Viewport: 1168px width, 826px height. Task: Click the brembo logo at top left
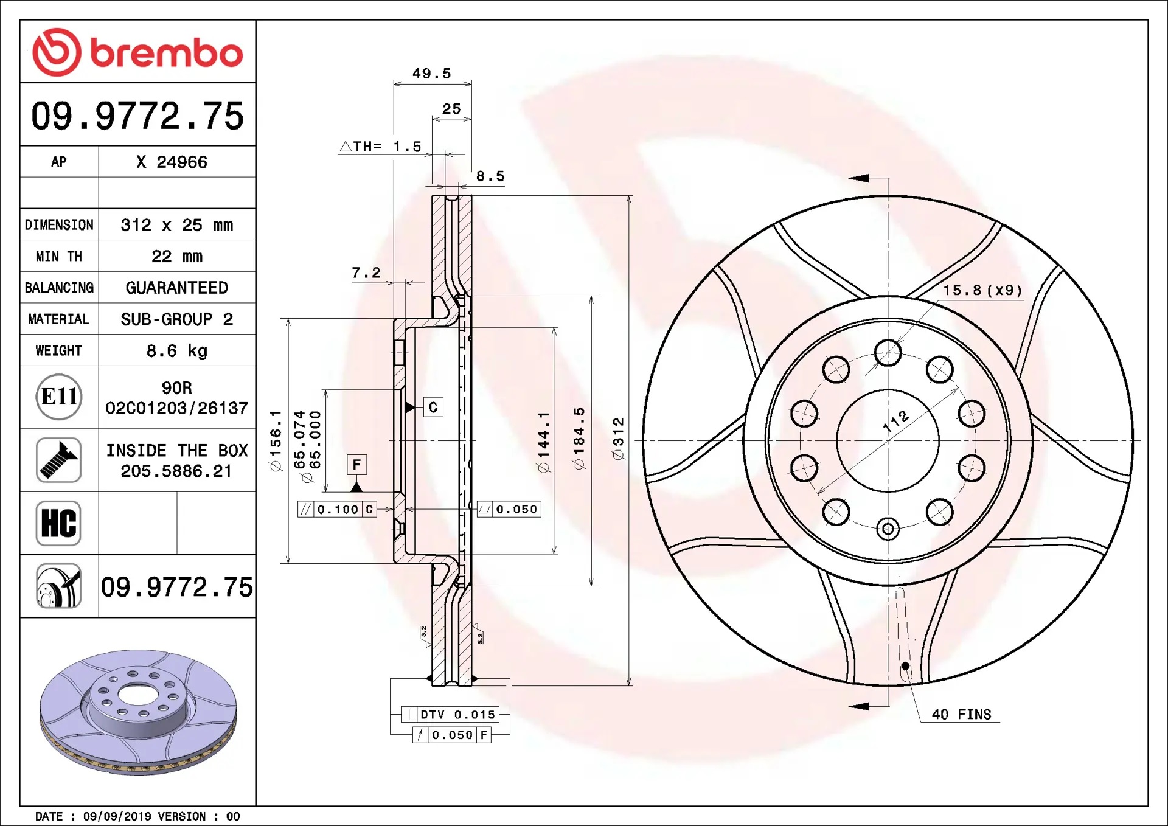[x=137, y=52]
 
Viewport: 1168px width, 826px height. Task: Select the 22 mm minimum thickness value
[x=176, y=256]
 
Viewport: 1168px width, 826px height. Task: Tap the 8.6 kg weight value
[x=176, y=351]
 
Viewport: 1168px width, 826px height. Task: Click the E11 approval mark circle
[x=59, y=397]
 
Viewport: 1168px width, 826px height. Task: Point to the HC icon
[x=58, y=523]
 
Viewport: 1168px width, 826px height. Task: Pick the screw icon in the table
[x=58, y=460]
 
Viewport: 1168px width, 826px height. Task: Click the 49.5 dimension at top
[x=431, y=74]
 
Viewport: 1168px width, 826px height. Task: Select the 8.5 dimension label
[x=490, y=176]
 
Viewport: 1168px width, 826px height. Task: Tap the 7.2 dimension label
[x=366, y=272]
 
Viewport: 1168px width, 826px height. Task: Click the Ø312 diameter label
[x=618, y=439]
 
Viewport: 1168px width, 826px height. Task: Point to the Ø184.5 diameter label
[x=579, y=438]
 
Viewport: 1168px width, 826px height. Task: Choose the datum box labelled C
[x=433, y=407]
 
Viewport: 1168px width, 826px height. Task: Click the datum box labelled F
[x=356, y=465]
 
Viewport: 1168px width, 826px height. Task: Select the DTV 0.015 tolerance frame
[x=450, y=714]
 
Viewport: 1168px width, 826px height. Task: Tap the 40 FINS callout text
[x=961, y=714]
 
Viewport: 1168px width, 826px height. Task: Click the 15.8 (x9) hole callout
[x=982, y=290]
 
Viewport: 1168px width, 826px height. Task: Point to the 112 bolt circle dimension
[x=896, y=420]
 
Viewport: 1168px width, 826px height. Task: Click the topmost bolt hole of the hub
[x=888, y=352]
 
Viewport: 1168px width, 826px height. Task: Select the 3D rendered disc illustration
[x=138, y=712]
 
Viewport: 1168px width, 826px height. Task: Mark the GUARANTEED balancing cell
[x=176, y=288]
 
